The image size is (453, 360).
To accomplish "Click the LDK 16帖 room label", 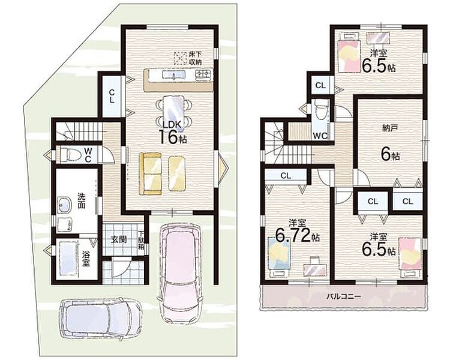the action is [173, 133].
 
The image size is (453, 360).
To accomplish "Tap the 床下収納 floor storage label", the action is [195, 58].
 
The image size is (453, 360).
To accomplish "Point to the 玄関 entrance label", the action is [119, 239].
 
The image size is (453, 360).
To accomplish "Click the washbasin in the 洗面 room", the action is [64, 205].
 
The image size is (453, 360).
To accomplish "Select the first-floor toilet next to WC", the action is [67, 155].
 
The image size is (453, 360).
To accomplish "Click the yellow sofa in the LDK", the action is [151, 173].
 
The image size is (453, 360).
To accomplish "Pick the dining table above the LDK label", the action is [173, 111].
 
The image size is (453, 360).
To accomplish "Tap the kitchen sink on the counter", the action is [173, 75].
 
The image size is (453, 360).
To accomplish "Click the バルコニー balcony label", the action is [344, 296].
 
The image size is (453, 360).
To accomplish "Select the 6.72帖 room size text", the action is [297, 236].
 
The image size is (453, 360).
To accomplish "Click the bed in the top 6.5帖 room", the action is [349, 53].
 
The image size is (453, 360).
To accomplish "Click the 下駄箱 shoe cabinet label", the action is [141, 240].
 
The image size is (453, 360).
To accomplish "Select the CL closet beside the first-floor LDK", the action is [112, 96].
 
